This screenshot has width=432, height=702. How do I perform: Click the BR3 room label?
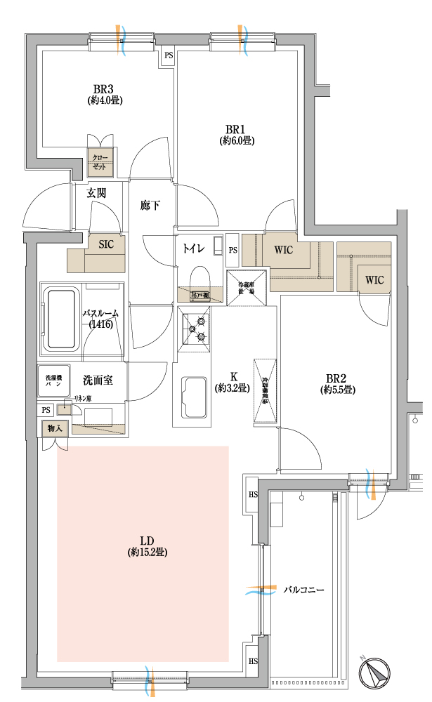click(104, 89)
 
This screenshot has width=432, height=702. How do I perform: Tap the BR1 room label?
click(235, 129)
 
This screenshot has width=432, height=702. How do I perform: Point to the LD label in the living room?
click(147, 541)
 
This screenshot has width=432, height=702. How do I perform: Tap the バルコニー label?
click(303, 590)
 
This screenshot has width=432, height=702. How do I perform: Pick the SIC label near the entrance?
click(106, 244)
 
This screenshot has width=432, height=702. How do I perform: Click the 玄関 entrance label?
click(96, 192)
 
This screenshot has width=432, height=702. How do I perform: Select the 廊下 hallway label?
click(150, 205)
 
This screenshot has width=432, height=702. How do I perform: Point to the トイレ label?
click(193, 248)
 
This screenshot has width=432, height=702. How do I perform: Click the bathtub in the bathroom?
click(62, 319)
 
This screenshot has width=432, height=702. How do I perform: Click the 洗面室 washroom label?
click(98, 380)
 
